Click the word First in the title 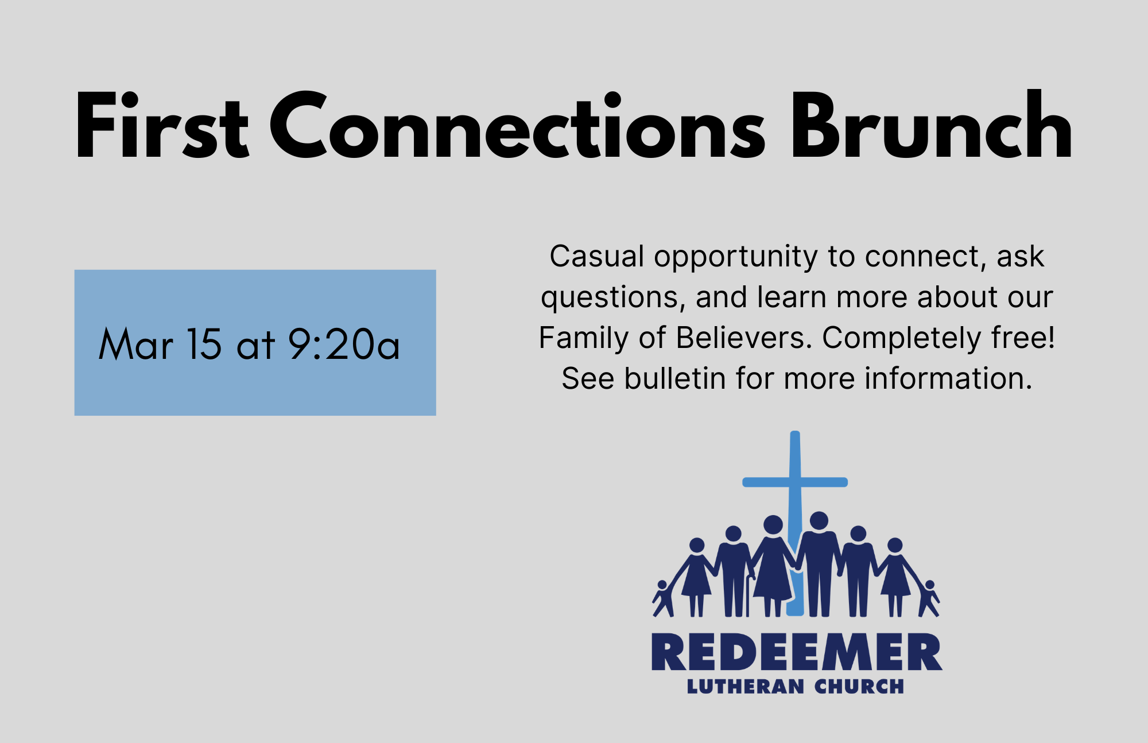click(162, 125)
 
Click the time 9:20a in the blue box click(344, 344)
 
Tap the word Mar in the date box click(136, 344)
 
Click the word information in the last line click(948, 378)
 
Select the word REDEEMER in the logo click(797, 652)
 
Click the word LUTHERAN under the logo click(746, 686)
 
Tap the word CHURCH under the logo click(859, 686)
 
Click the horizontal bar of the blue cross click(795, 482)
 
